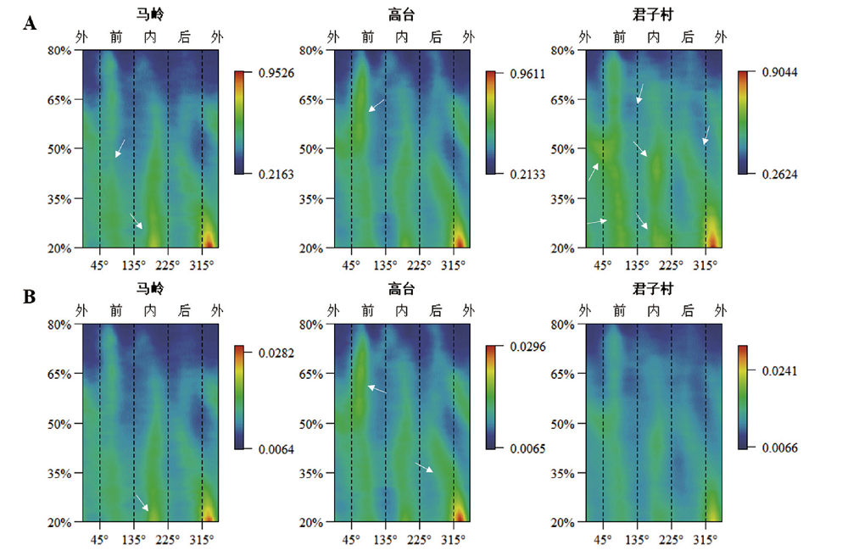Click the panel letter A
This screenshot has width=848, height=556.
[30, 24]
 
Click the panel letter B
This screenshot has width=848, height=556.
[30, 297]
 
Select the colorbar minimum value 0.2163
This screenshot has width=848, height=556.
[276, 174]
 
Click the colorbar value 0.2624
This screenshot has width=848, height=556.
[778, 174]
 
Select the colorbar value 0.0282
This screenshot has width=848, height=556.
[276, 352]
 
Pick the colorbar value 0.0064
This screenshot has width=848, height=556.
[276, 448]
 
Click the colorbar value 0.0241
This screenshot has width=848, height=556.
[778, 370]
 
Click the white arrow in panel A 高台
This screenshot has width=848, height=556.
[376, 105]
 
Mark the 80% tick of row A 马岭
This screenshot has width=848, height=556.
[61, 50]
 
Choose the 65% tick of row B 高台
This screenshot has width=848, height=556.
[311, 374]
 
